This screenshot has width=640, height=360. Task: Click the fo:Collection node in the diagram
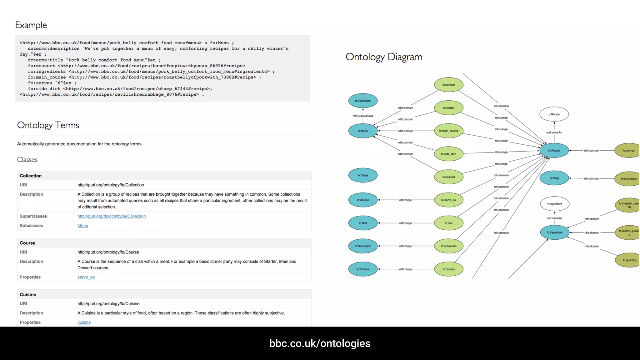363,101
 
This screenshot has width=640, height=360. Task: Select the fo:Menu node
363,131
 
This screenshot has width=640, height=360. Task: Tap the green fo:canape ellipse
448,85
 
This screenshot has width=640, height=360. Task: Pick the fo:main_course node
448,131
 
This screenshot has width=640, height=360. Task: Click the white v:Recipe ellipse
554,114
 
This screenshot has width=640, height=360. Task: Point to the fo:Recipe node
554,151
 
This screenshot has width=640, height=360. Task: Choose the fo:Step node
554,178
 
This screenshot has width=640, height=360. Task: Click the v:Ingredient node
555,204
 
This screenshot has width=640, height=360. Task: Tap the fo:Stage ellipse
363,175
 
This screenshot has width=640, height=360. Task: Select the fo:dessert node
448,177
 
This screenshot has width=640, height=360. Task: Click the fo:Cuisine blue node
363,269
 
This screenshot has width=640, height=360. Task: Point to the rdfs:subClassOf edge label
363,116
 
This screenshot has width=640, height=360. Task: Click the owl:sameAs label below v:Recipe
554,132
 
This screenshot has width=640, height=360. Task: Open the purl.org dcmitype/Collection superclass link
112,216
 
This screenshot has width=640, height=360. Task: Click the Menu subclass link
83,226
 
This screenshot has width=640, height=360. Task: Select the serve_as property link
86,277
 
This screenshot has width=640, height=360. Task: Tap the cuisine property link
84,322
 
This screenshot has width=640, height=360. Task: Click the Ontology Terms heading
48,125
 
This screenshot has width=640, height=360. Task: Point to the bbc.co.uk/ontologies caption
320,343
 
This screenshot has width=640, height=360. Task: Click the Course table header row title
27,243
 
